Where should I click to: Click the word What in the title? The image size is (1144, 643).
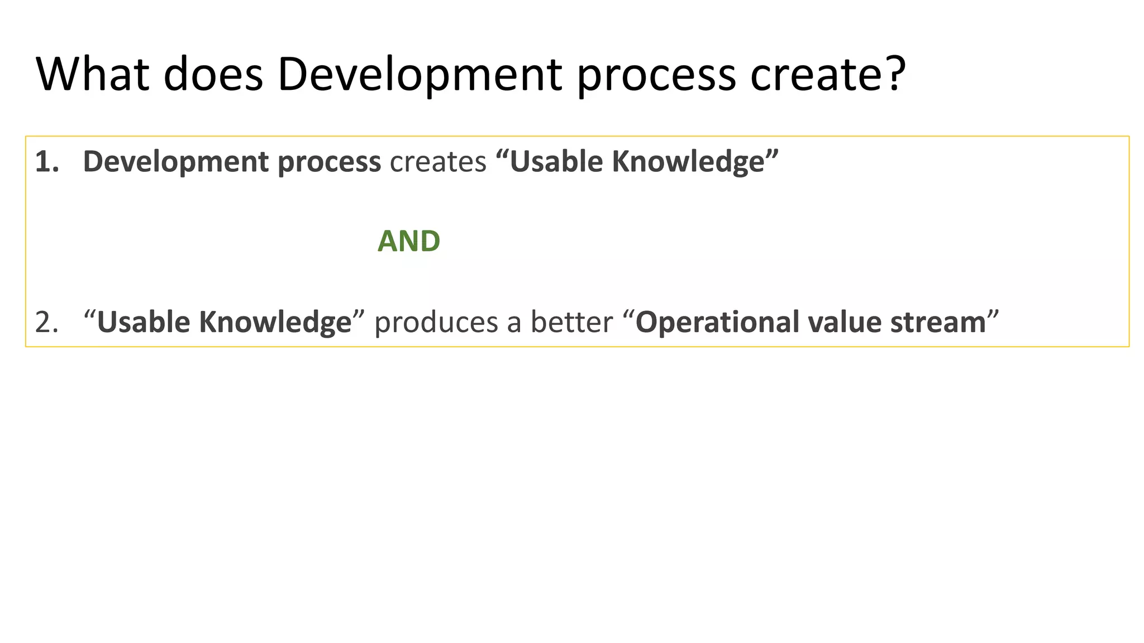93,74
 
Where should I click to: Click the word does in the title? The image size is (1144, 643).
213,74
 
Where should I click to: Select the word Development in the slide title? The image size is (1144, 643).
420,74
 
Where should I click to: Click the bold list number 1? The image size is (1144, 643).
46,162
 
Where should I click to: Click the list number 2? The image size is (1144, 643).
46,323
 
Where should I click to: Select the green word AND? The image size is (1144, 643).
409,241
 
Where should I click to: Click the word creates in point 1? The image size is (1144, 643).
438,162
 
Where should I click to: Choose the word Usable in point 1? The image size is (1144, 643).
556,162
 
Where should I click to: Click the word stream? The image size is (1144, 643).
938,323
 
